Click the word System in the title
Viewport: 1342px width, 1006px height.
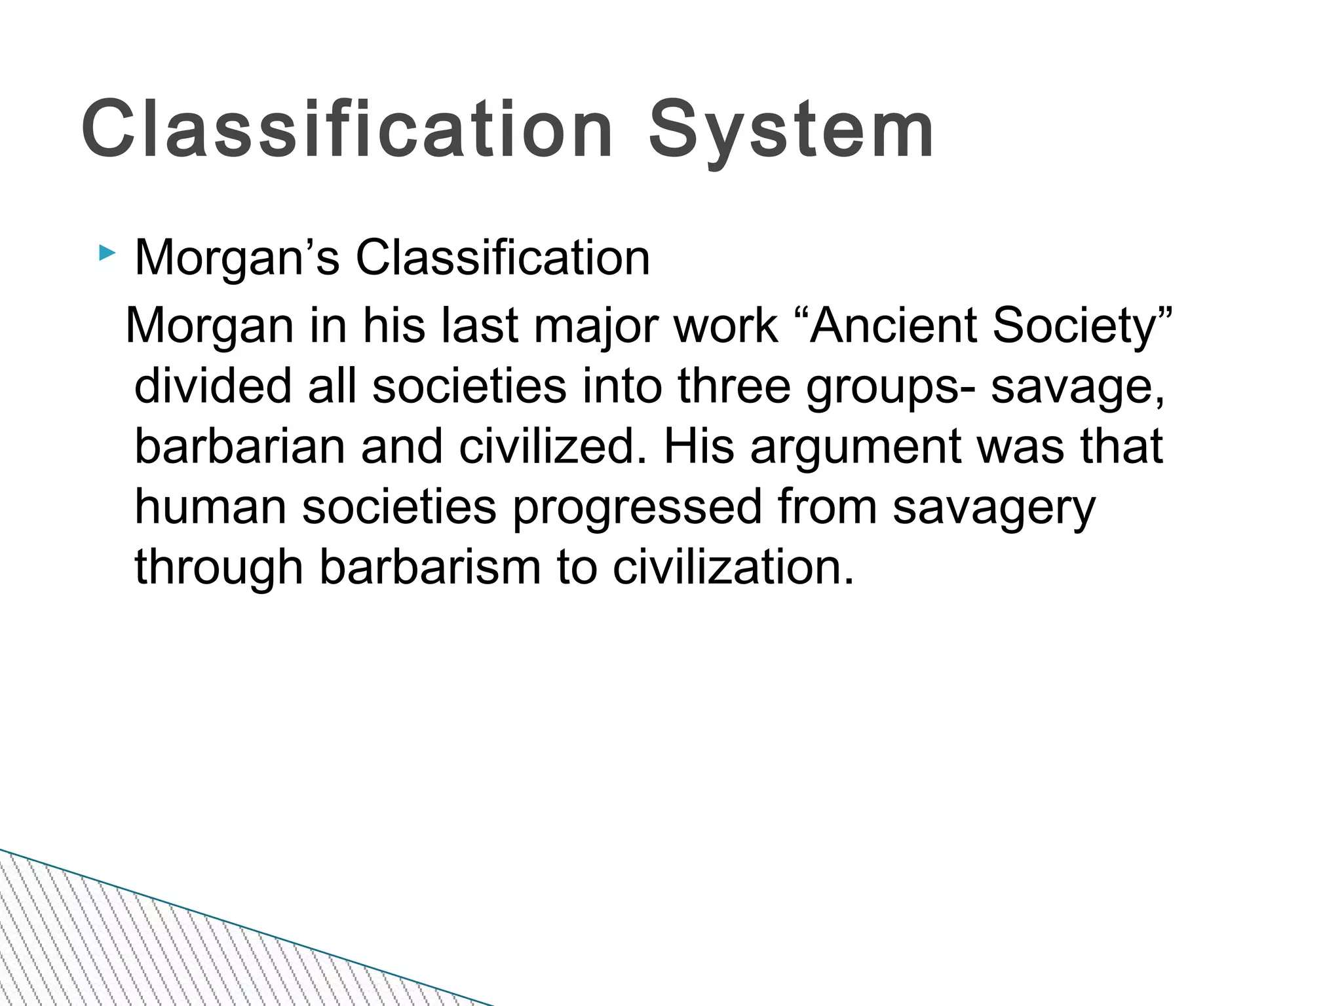tap(791, 131)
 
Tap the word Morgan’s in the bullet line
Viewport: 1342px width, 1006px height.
tap(237, 259)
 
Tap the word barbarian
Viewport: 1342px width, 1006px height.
tap(240, 446)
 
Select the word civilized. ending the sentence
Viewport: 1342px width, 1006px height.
tap(552, 446)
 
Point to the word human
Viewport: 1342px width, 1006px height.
tap(210, 507)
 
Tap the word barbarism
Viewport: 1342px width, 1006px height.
tap(430, 567)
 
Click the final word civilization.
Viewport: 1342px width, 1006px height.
tap(733, 567)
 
